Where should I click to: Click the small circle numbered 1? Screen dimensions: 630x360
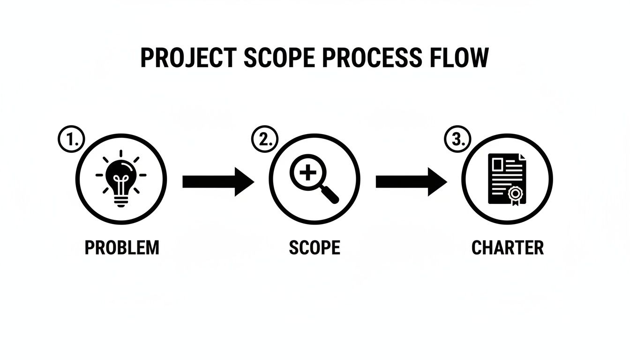point(71,140)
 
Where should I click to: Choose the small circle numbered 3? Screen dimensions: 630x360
point(457,140)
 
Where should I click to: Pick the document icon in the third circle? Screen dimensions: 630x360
point(506,179)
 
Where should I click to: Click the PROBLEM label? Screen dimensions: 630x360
point(122,247)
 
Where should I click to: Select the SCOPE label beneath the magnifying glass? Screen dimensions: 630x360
point(315,247)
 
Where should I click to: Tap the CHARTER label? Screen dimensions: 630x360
point(508,247)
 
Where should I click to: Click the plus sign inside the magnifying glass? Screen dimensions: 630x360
point(307,173)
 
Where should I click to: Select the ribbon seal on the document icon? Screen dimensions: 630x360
point(516,195)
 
